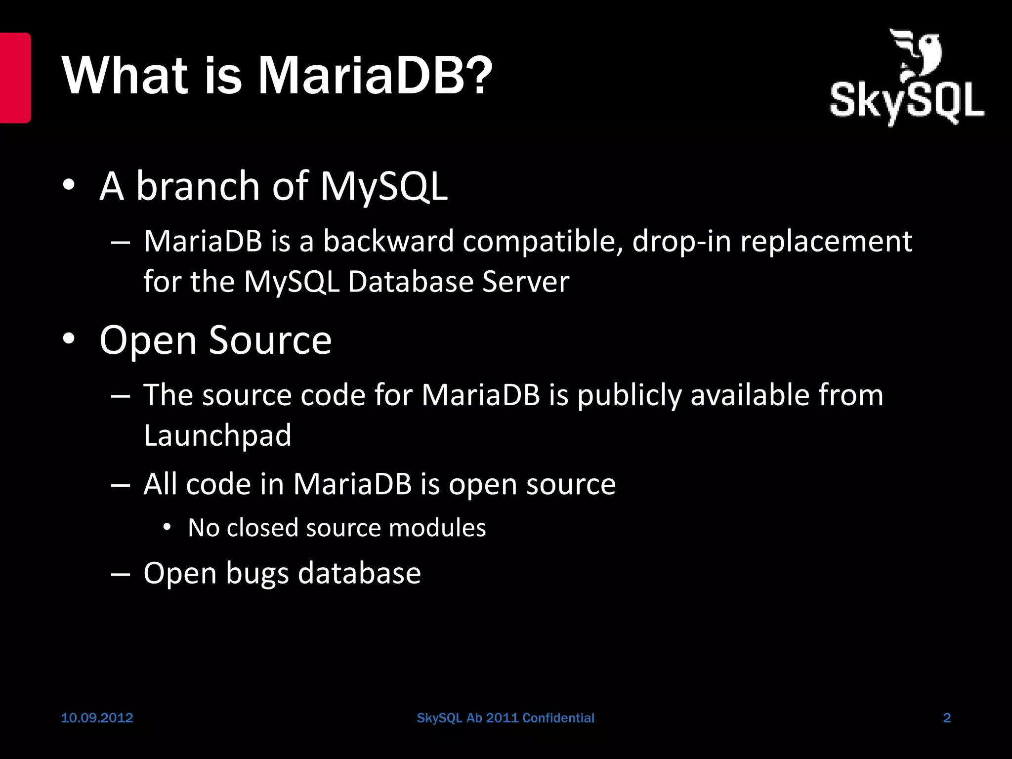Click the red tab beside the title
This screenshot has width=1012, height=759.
pyautogui.click(x=15, y=78)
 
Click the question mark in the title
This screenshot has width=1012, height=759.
pyautogui.click(x=477, y=75)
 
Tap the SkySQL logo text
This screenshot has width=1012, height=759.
pyautogui.click(x=906, y=103)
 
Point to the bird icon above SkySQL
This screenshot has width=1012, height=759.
pyautogui.click(x=917, y=55)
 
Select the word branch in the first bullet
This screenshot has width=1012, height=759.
pyautogui.click(x=198, y=186)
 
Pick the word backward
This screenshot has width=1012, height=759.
pyautogui.click(x=388, y=242)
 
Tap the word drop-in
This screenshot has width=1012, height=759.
pyautogui.click(x=681, y=242)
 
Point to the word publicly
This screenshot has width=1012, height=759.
pyautogui.click(x=629, y=395)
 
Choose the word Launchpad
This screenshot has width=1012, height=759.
pyautogui.click(x=217, y=435)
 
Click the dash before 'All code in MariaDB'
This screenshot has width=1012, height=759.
pyautogui.click(x=121, y=484)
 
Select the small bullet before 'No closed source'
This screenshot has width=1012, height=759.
pyautogui.click(x=167, y=528)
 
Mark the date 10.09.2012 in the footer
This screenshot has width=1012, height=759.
pyautogui.click(x=97, y=718)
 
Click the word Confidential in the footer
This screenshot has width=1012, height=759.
pyautogui.click(x=558, y=718)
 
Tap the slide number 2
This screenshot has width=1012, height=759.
pyautogui.click(x=947, y=718)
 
